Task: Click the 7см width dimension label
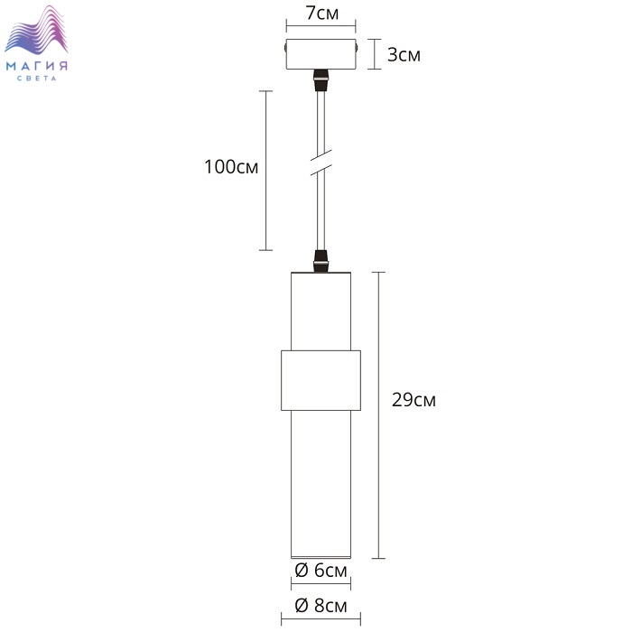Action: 322,14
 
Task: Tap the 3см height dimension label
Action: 404,55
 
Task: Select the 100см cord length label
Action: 231,167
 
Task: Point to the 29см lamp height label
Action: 414,400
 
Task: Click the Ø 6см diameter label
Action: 321,571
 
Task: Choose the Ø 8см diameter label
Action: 321,606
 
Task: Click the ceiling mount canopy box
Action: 321,54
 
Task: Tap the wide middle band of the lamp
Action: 321,380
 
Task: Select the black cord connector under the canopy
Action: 321,79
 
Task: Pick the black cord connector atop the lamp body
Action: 321,261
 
